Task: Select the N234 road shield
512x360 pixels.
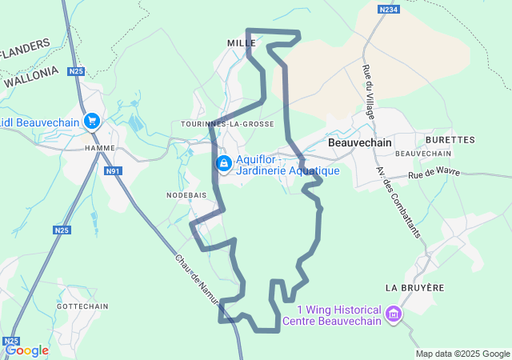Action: click(x=389, y=9)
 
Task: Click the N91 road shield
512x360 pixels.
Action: click(x=113, y=170)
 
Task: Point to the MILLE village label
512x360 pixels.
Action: click(x=240, y=42)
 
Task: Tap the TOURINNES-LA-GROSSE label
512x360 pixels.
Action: click(x=227, y=124)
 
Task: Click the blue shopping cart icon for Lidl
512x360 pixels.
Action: click(x=93, y=122)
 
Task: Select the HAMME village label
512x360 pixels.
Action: click(x=99, y=148)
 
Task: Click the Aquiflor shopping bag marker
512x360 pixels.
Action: click(x=224, y=164)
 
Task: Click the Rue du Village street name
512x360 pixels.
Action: click(x=369, y=91)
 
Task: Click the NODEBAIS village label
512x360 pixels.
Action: click(x=186, y=195)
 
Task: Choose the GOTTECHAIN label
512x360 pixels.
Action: click(x=82, y=306)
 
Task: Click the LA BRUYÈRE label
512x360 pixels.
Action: click(x=414, y=286)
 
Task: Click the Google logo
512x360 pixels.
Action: click(x=26, y=350)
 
